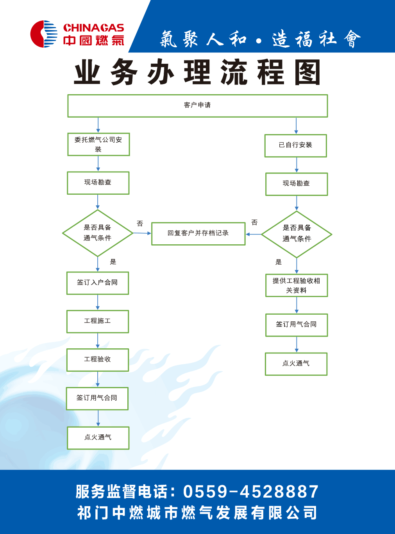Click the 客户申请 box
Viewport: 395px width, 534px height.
(x=197, y=106)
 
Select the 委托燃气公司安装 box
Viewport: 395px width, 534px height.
(x=98, y=145)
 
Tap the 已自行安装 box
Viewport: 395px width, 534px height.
(x=295, y=145)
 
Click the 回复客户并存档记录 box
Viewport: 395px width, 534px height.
(x=198, y=233)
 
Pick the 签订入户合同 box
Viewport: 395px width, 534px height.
(x=97, y=283)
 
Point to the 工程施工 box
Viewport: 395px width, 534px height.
(x=97, y=321)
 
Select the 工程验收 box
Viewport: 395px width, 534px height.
(x=97, y=360)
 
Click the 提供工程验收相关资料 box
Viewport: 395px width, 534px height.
(x=296, y=285)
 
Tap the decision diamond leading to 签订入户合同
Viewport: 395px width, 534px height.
(x=98, y=233)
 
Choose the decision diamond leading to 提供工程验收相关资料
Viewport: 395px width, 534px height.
(x=297, y=234)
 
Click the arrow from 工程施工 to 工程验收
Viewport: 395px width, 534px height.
(x=98, y=340)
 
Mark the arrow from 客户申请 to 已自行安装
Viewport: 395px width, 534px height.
(x=296, y=126)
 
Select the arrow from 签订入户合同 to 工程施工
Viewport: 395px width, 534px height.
(x=98, y=302)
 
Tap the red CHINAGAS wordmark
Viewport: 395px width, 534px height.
(x=93, y=28)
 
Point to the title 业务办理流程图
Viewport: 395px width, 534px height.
(x=197, y=73)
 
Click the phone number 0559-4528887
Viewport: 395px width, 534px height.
(x=251, y=492)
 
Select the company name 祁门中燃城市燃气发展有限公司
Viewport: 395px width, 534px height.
(x=197, y=513)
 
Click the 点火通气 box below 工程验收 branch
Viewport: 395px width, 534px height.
(x=98, y=438)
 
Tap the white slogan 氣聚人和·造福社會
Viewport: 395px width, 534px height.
(x=260, y=39)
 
